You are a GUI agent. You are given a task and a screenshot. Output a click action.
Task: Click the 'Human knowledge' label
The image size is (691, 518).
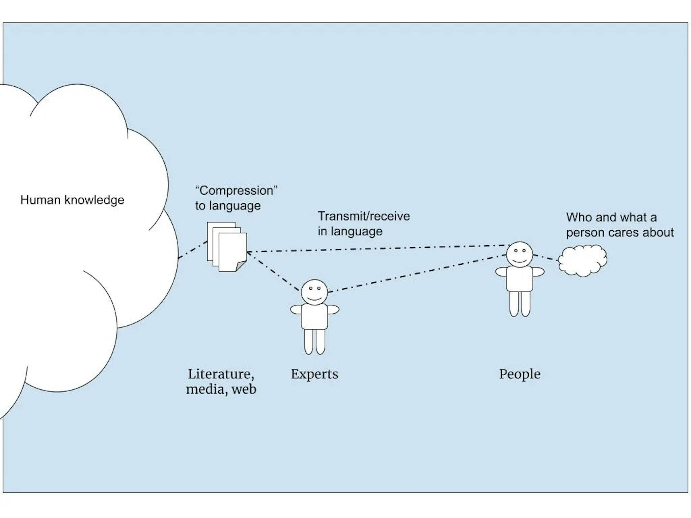coord(72,200)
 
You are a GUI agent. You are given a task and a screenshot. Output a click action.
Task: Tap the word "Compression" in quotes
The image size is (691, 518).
coord(236,191)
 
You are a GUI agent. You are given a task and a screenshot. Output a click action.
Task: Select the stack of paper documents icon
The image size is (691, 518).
coord(227,247)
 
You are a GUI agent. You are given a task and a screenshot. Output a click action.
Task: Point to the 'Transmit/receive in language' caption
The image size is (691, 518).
coord(363,224)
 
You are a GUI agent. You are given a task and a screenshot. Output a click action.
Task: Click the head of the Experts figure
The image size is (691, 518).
coord(314,292)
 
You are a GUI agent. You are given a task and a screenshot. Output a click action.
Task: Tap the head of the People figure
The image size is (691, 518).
coord(519,254)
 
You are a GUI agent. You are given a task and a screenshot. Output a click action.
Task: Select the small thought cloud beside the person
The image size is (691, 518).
coord(582,260)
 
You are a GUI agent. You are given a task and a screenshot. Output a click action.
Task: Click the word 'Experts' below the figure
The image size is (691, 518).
coord(314,374)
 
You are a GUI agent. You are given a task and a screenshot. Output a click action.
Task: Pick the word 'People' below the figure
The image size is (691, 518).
coord(520,374)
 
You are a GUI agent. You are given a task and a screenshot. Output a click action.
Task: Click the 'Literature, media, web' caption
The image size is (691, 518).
coord(221,381)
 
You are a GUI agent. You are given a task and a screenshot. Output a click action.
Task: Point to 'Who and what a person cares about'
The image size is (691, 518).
coord(619,225)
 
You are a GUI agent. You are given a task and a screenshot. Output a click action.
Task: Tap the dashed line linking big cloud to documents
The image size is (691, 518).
coord(193,250)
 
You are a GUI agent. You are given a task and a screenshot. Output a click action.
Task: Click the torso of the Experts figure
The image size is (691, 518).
coord(314,316)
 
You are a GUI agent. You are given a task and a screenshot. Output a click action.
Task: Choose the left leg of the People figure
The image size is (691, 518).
coord(514,304)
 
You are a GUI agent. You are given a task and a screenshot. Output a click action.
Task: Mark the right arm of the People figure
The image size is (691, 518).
coord(538,271)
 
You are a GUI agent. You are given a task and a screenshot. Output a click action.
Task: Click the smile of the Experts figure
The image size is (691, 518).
coord(314,298)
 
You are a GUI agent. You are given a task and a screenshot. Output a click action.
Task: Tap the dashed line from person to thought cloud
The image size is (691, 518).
coord(545,258)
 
